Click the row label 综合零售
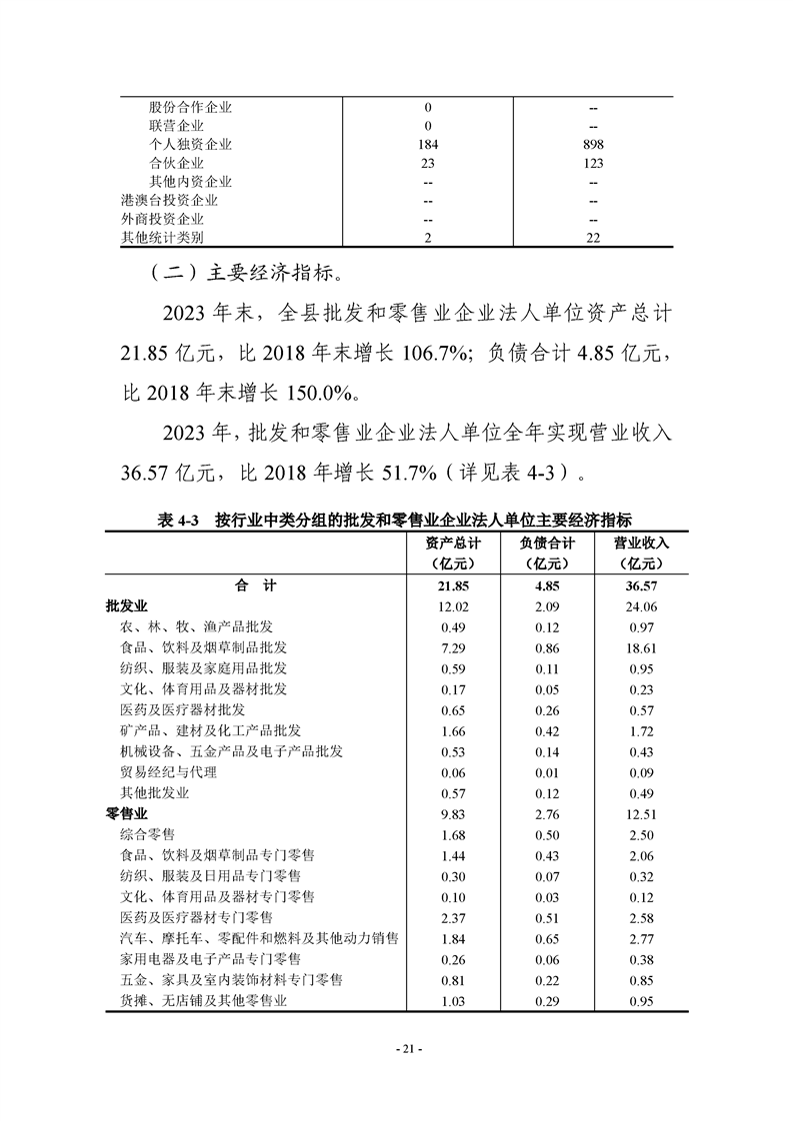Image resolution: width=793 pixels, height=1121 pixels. click(147, 833)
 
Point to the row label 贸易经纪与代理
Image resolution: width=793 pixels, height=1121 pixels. click(168, 771)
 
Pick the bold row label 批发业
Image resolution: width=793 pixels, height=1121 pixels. click(126, 605)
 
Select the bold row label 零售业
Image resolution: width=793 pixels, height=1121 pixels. click(126, 813)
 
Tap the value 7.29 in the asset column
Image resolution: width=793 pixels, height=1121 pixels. click(453, 647)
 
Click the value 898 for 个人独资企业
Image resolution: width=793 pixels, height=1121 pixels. click(593, 144)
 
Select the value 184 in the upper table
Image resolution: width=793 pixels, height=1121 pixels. click(427, 144)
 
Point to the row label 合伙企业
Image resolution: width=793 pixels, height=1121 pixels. click(176, 163)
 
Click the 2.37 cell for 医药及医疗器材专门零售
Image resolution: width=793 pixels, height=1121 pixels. click(453, 917)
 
